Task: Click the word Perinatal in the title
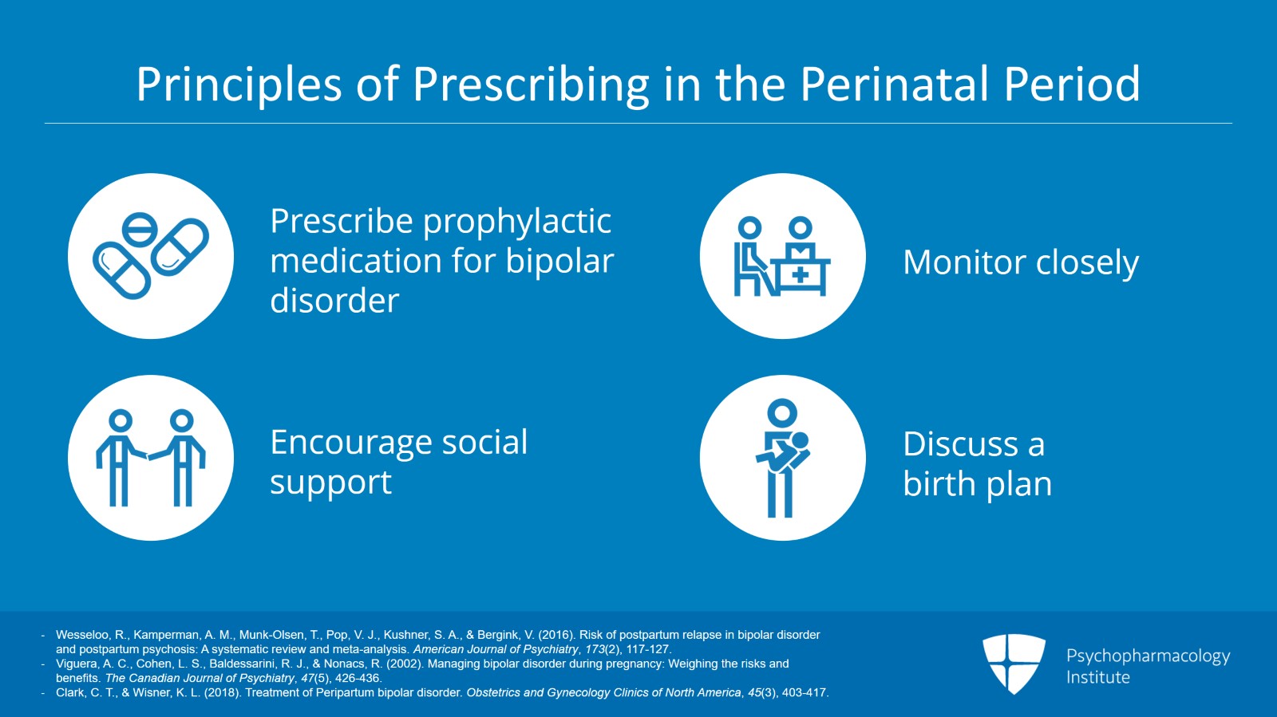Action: click(x=893, y=84)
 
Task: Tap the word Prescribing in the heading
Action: click(x=531, y=85)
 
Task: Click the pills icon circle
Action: click(x=151, y=256)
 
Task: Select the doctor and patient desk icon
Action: click(x=782, y=256)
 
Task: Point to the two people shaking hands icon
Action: click(x=151, y=458)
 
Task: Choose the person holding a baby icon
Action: click(x=782, y=458)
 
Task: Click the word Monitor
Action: click(x=953, y=262)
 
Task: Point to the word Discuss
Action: click(x=960, y=444)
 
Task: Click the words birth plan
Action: click(x=977, y=484)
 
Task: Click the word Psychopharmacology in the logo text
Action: click(x=1148, y=656)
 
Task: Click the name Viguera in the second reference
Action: click(x=76, y=664)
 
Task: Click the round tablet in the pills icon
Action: click(x=140, y=231)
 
